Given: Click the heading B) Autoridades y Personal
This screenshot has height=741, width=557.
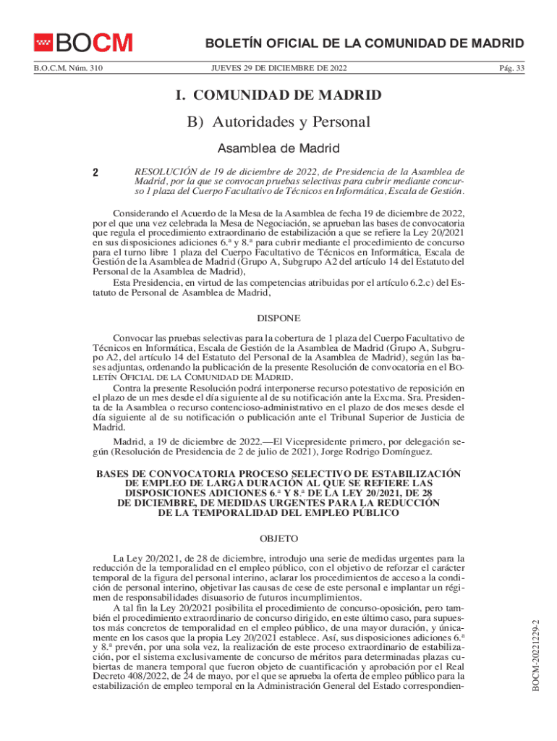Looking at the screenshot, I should click(278, 122).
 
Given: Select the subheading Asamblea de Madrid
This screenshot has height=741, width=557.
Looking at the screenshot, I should click(278, 148).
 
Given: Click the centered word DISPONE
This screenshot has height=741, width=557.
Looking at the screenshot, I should click(278, 318).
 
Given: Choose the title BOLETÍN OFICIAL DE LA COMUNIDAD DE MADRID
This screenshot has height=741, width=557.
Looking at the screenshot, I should click(365, 43).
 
